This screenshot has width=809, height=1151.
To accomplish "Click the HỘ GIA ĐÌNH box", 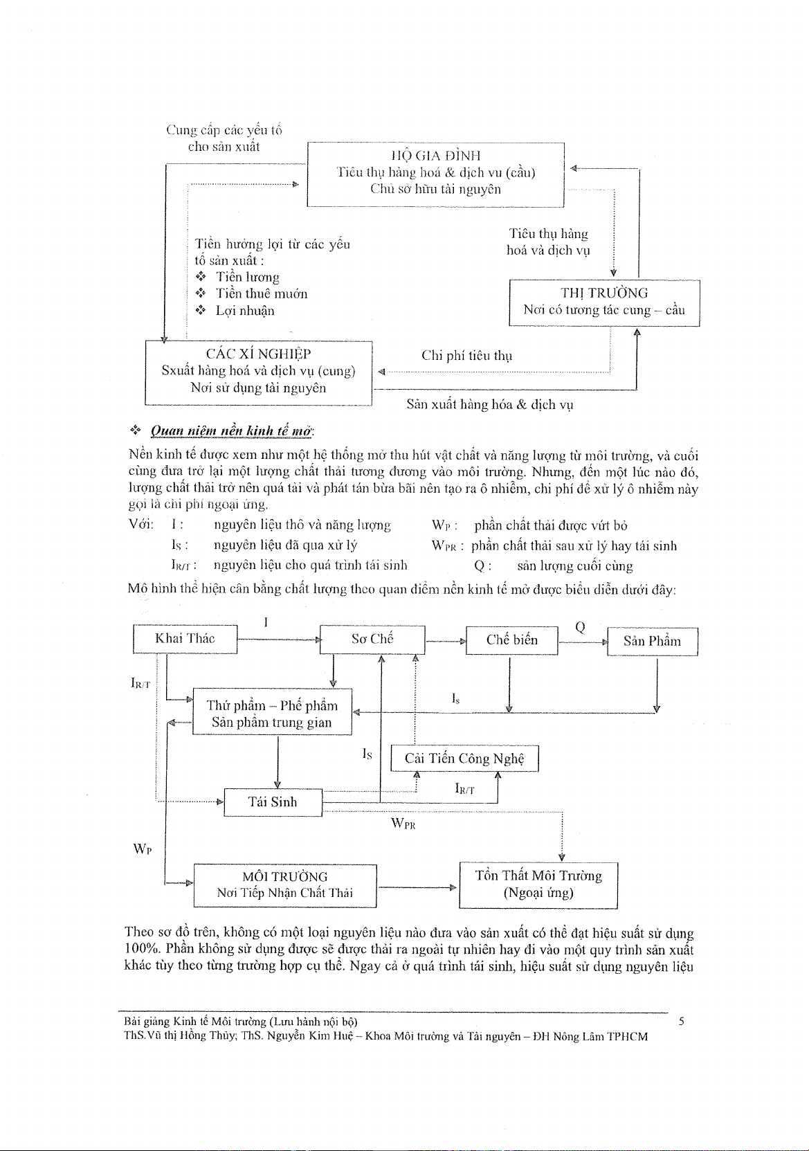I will tap(435, 174).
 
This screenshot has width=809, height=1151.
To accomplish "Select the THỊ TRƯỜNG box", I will tap(604, 302).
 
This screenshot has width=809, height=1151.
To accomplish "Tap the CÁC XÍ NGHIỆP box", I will tap(258, 372).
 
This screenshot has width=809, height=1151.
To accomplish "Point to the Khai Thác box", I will tap(185, 638).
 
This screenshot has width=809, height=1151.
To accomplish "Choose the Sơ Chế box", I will tap(372, 639).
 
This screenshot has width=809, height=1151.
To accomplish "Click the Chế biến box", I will tap(511, 640).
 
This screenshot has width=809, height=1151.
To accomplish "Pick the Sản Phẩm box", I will tap(652, 641).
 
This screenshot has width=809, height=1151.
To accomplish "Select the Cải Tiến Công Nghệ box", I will tap(464, 759).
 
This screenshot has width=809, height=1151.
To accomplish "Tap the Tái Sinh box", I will tap(273, 802).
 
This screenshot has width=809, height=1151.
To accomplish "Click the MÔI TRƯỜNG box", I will tap(285, 885).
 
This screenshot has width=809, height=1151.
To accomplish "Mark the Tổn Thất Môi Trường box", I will tap(538, 885).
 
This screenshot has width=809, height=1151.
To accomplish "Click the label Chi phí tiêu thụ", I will tap(467, 356).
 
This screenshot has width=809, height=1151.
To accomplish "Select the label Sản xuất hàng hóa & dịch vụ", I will tap(490, 405).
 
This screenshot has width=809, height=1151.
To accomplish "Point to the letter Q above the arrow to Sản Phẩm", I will tap(580, 627).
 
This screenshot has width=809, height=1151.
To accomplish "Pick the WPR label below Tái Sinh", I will tap(403, 824).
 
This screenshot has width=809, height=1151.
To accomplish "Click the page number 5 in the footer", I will tap(682, 1021).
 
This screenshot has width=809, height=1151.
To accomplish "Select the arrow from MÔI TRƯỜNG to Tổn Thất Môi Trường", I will tap(417, 887).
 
